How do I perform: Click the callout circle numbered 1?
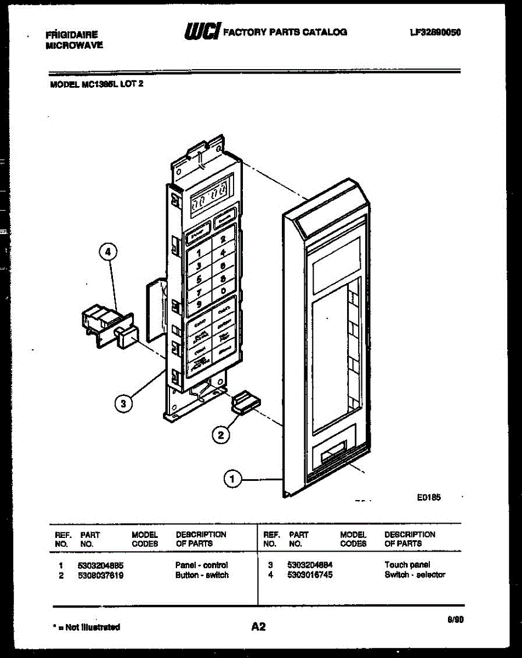(x=232, y=479)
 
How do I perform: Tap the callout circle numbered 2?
(x=220, y=435)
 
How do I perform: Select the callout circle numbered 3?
(x=124, y=404)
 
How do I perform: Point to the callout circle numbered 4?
(x=108, y=253)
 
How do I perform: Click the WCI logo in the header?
(x=202, y=32)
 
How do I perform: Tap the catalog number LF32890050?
(x=435, y=32)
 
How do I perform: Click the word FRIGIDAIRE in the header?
(x=72, y=35)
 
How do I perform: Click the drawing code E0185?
(x=429, y=497)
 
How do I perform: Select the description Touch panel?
(x=407, y=565)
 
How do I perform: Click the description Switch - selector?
(x=415, y=575)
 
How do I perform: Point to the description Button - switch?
(x=202, y=575)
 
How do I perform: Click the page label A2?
(x=258, y=626)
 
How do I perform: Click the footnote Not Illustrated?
(x=88, y=627)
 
